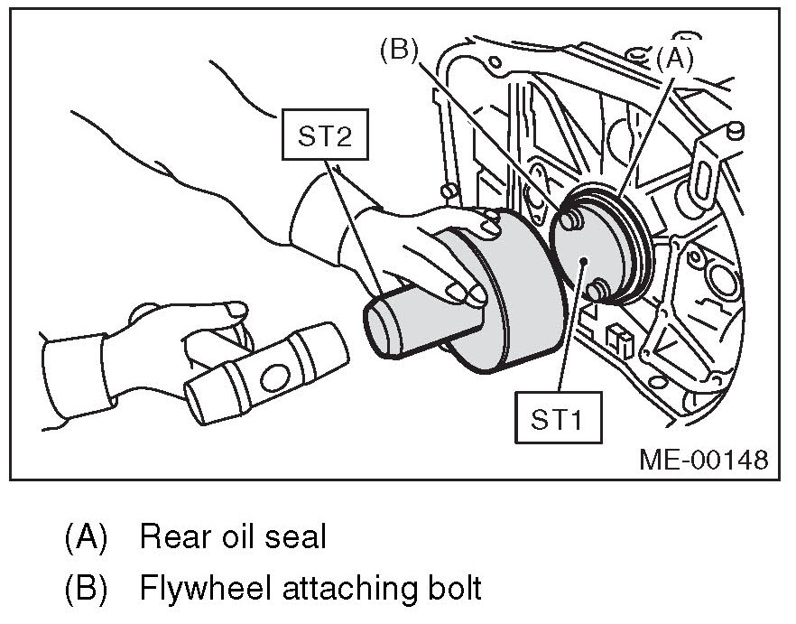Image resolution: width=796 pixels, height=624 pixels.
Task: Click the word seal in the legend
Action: pos(297,538)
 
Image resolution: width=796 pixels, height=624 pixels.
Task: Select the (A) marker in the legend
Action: pos(86,538)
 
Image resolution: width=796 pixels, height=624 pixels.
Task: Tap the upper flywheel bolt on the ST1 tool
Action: pos(569,219)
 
